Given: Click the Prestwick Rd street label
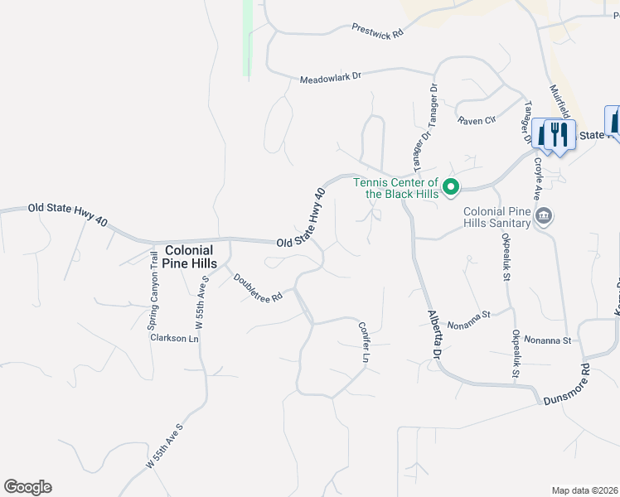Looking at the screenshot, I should [376, 31].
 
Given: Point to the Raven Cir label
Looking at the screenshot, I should [477, 121].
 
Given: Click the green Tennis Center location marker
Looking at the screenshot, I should [451, 187].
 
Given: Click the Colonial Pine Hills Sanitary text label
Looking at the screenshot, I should [496, 217].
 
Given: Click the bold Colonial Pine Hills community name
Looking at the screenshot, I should [190, 256].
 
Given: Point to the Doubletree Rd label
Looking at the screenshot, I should [258, 288].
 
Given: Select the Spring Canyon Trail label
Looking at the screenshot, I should [153, 292].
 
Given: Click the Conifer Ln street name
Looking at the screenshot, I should [363, 342].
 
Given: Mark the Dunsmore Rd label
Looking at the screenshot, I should [566, 383].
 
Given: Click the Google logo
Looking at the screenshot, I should [27, 487].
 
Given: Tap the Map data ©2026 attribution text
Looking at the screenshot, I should [584, 490].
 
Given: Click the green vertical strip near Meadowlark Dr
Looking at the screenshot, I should [247, 38].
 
